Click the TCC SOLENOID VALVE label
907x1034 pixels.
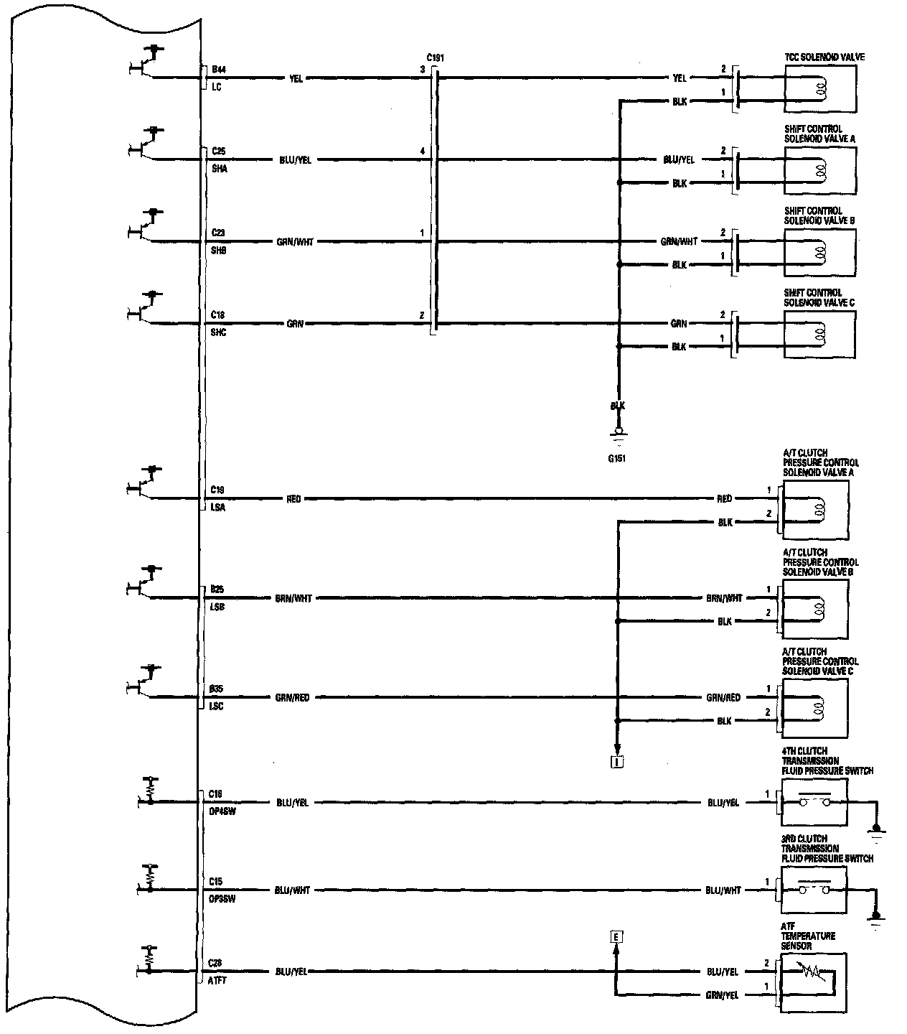pos(824,57)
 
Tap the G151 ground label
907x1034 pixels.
pos(616,458)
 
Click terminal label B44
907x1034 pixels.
pos(218,70)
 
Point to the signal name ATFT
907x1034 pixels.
pos(217,981)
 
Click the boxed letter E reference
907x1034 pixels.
pos(615,936)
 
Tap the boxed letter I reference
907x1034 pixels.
pos(616,762)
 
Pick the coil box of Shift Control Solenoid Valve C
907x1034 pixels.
pos(819,335)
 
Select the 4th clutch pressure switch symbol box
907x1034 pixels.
pos(813,803)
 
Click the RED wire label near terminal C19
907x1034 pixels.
pos(293,498)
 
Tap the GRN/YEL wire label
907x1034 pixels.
pos(723,995)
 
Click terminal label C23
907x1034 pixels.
pos(218,233)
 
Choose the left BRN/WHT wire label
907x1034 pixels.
pos(293,598)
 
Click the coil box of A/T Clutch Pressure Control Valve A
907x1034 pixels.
pos(815,510)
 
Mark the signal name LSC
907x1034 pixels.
pos(216,707)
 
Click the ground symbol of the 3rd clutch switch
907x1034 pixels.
pos(875,919)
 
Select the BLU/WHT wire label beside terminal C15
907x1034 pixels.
pos(292,890)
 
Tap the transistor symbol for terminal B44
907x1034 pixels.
pos(146,65)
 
